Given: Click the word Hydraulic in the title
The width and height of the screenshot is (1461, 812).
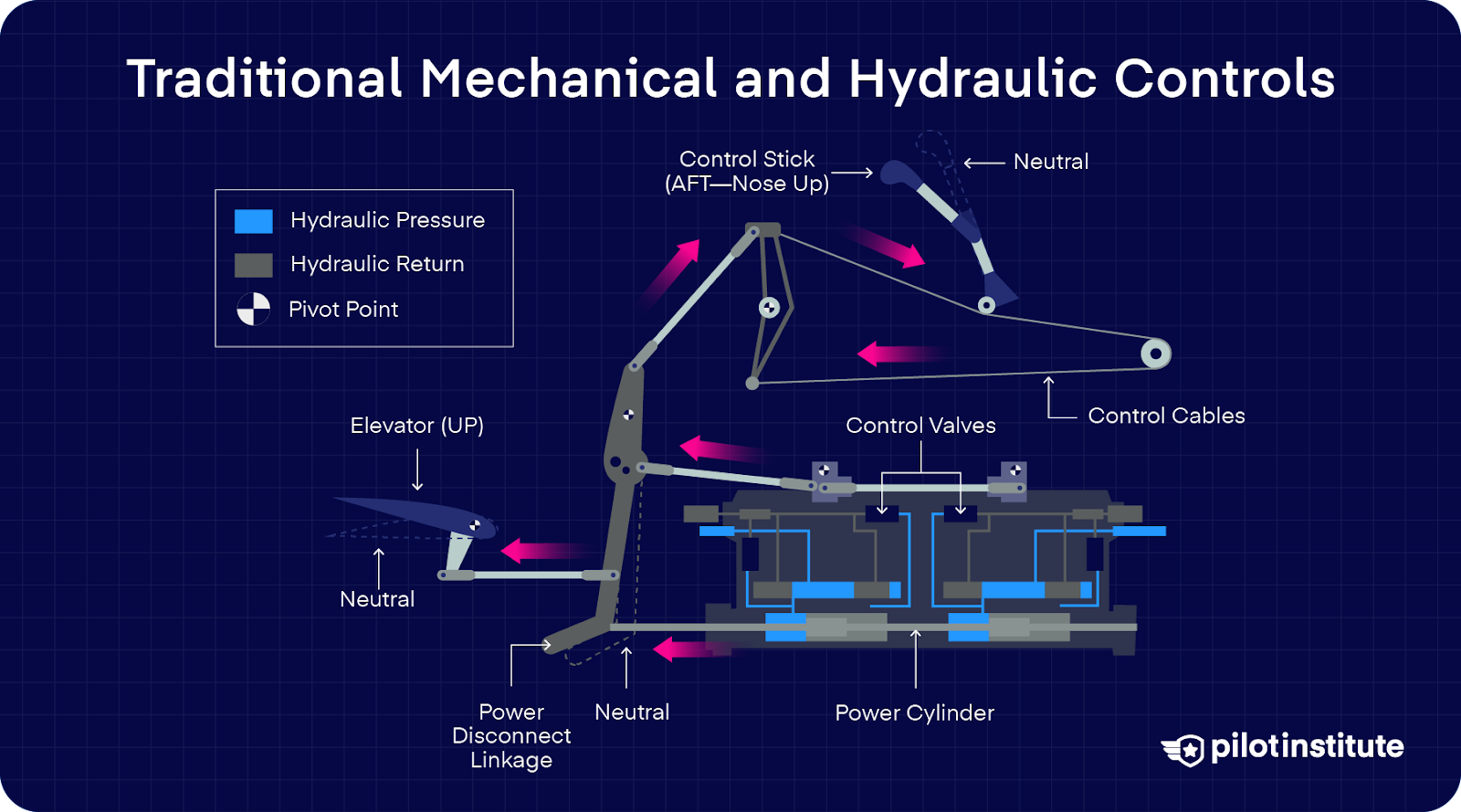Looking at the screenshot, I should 972,79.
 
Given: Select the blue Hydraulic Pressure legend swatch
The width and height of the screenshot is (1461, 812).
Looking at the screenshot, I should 253,221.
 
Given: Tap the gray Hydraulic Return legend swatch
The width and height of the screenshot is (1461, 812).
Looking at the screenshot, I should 253,265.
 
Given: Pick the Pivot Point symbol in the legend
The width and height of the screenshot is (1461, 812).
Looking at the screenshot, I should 254,310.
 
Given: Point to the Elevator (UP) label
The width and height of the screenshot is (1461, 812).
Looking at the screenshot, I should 416,426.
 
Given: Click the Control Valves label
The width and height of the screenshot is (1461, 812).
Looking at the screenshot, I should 920,426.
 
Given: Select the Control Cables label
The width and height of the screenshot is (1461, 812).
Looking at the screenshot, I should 1166,417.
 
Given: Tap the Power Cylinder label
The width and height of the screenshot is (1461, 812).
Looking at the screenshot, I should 914,713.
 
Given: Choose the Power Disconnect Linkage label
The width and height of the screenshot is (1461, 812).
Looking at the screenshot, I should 511,736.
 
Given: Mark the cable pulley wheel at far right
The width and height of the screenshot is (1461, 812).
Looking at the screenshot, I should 1156,353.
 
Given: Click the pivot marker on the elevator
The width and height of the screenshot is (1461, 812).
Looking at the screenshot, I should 475,525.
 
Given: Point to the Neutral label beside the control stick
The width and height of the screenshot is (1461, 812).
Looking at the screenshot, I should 1051,162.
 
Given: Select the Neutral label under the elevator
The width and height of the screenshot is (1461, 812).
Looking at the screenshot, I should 377,599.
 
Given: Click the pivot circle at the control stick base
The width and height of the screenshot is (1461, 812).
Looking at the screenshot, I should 986,305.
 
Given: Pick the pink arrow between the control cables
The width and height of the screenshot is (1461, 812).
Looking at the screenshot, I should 899,353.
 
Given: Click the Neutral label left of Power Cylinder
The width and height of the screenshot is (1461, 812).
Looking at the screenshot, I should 632,712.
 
